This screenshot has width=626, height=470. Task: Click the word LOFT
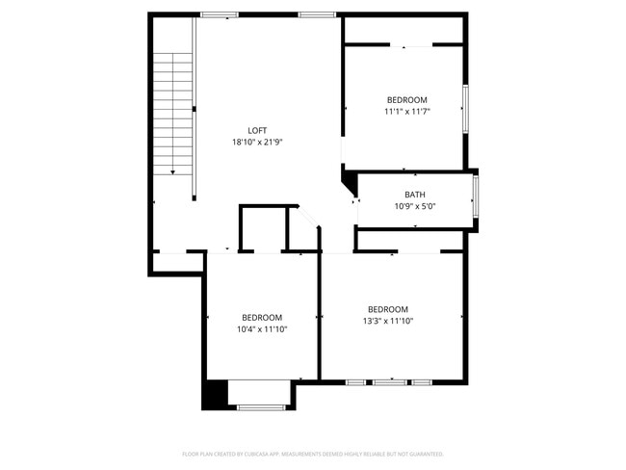click(257, 130)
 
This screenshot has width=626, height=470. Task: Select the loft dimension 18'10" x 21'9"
click(257, 142)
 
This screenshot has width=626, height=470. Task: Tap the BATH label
click(415, 195)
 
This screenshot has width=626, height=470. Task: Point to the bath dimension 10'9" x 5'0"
click(415, 206)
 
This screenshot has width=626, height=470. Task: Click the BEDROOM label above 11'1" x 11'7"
click(406, 100)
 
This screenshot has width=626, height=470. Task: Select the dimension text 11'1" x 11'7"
click(406, 112)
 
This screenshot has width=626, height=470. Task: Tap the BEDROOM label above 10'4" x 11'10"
click(262, 318)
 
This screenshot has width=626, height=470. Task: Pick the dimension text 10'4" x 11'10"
click(262, 329)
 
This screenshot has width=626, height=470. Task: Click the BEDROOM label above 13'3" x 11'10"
click(387, 309)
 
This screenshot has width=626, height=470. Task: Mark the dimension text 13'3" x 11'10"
click(387, 321)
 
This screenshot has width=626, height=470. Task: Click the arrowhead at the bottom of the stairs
click(173, 171)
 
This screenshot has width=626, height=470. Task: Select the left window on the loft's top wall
click(220, 14)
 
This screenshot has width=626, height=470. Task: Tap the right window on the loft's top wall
click(316, 14)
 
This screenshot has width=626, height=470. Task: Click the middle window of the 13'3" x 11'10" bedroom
click(390, 382)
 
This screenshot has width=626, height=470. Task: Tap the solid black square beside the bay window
click(213, 394)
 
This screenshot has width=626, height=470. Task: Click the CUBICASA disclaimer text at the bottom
click(313, 453)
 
